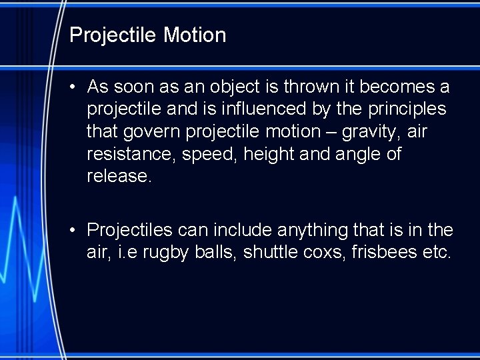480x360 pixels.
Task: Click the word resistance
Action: click(x=125, y=155)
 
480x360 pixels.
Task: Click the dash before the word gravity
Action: click(x=331, y=132)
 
